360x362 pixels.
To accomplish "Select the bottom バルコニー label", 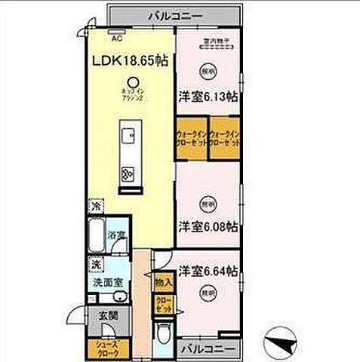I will pos(211,348).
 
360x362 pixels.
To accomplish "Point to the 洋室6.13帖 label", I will pos(209,97).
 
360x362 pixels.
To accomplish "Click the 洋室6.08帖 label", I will pos(209,226).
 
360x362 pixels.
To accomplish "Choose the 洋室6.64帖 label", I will pos(209,269).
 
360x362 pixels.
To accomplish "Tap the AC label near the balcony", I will pos(117,36).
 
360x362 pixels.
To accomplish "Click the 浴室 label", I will pos(115,236).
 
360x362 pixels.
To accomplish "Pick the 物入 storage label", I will pos(164,282).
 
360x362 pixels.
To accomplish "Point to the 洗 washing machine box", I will pos(96,264).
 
